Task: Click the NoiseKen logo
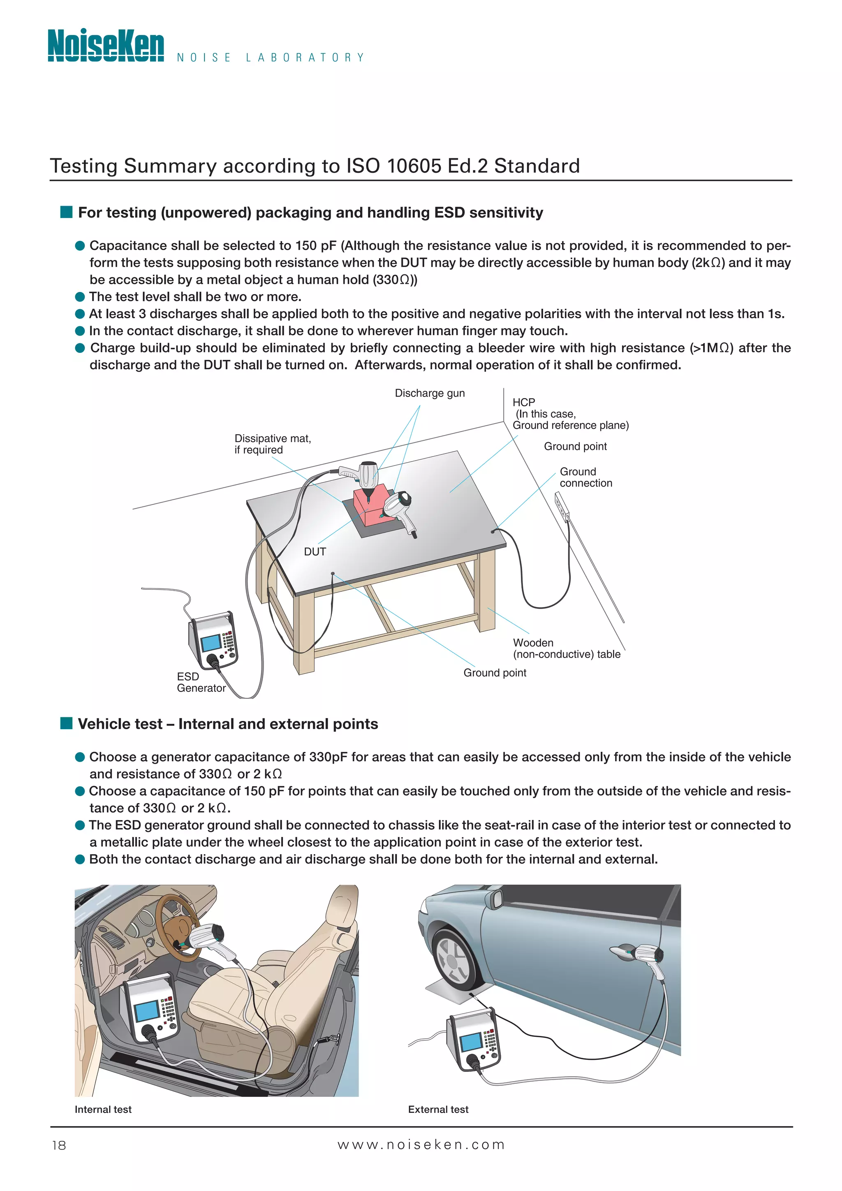coord(106,46)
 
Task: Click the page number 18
coord(59,1145)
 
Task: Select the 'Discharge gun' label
coord(430,393)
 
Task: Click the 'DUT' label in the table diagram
coord(315,551)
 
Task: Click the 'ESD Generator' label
coord(201,682)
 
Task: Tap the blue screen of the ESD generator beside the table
coord(211,643)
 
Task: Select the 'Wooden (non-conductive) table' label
coord(566,649)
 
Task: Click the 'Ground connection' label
coord(585,477)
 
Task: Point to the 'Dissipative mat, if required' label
coord(272,444)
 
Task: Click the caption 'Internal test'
coord(103,1109)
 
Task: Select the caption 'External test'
coord(438,1109)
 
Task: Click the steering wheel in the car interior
coord(176,929)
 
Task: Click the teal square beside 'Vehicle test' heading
coord(66,723)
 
